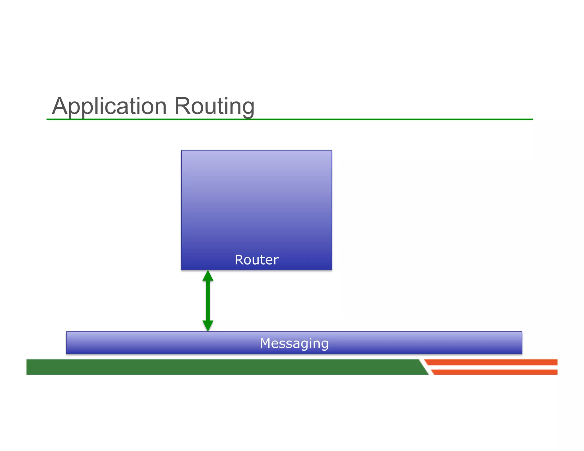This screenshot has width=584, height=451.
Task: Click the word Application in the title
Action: coord(109,106)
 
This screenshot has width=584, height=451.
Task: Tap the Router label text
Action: coord(256,260)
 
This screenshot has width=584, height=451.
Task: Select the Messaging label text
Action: coord(294,343)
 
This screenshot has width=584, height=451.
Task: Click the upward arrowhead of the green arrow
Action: coord(208,276)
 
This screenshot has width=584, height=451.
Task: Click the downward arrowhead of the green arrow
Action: coord(208,326)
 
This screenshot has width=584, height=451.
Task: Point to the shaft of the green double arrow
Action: coord(208,301)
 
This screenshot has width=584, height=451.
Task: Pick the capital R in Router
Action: coord(239,260)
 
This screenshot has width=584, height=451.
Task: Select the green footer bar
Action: coord(222,367)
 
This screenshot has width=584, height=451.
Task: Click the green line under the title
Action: coord(371,119)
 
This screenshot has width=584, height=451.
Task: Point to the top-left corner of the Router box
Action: coord(182,151)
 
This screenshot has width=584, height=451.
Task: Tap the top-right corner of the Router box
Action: coord(331,151)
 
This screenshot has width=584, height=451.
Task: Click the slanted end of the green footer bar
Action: coord(423,367)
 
